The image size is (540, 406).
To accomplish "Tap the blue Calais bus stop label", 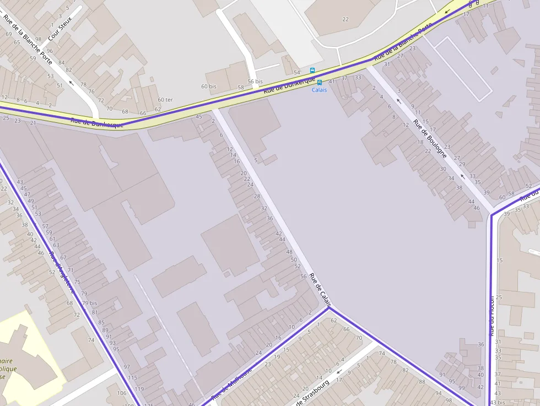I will coord(319,90).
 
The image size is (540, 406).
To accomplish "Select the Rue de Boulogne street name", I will coord(430,139).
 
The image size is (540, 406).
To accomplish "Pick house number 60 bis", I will coord(209,86).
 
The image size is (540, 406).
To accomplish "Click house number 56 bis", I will coord(255,82).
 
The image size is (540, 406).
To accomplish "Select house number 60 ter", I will coord(165,100).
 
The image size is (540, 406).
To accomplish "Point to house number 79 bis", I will coord(89,303).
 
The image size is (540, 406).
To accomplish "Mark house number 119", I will coord(139,389).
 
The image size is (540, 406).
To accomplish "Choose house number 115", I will coord(132,377).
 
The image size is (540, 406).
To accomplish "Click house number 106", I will coord(122,393).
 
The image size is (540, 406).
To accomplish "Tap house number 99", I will coord(462,388).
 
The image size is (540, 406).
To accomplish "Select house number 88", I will coord(422,382).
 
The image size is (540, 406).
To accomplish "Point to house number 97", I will coord(127,367).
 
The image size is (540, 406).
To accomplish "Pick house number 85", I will coord(101,322).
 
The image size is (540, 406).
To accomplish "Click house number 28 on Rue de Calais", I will coord(257,197).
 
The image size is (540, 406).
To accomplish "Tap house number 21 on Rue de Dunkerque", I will coord(33,123).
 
